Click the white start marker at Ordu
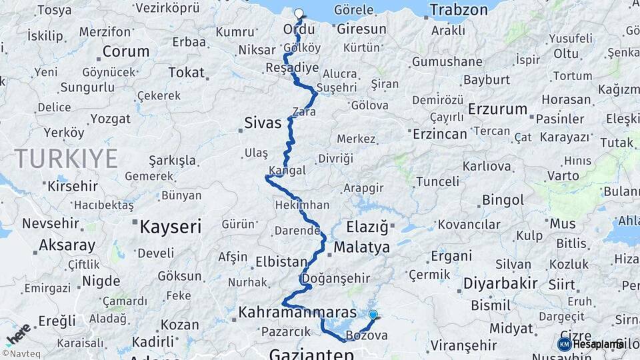[298, 13]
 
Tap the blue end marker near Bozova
[373, 315]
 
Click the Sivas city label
[263, 123]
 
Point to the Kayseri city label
[171, 227]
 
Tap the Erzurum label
[497, 109]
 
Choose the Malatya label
[361, 247]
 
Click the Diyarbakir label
[501, 283]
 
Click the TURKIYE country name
[66, 158]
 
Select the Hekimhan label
[302, 206]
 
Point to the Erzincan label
[440, 134]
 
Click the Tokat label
[187, 72]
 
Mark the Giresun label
[362, 29]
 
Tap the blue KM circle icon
[565, 344]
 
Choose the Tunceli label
[437, 181]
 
